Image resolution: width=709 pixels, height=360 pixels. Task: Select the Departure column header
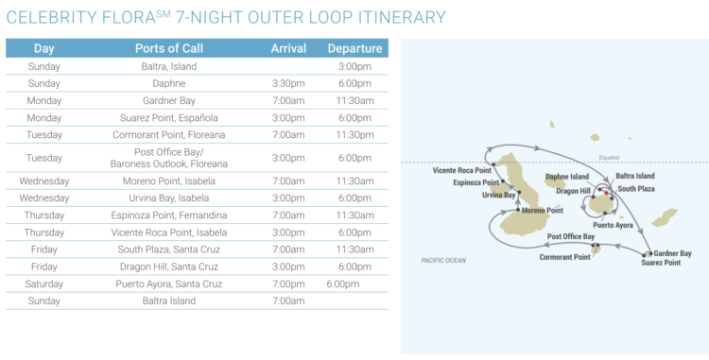click(354, 48)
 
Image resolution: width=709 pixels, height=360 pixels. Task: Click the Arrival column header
click(288, 48)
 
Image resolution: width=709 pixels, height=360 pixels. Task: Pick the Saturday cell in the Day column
click(44, 283)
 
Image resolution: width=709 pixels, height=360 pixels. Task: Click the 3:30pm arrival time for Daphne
click(288, 83)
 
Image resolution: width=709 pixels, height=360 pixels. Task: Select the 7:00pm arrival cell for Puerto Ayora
click(288, 283)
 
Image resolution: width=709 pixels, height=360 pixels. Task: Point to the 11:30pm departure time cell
click(354, 135)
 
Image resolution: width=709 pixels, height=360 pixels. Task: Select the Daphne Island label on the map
click(567, 177)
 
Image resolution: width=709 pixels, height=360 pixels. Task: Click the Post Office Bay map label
click(571, 236)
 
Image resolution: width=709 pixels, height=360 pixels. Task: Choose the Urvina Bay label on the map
click(498, 195)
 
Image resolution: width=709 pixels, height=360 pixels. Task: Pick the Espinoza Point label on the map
click(476, 182)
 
